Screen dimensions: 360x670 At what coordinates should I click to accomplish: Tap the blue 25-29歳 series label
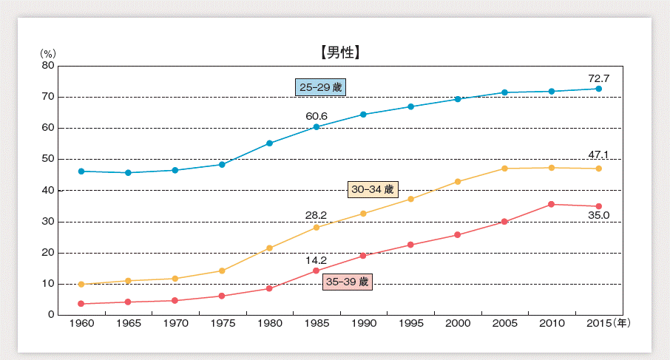point(321,87)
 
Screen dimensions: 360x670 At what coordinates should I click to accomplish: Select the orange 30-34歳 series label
point(373,190)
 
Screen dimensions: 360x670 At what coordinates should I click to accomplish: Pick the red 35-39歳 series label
point(347,282)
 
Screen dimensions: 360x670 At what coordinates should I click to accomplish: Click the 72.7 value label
point(598,78)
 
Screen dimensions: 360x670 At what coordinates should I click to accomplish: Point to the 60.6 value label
point(317,116)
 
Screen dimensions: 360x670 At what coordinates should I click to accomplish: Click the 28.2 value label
point(317,216)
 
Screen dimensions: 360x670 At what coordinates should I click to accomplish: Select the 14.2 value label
point(317,260)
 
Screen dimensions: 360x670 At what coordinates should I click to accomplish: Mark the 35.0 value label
point(598,216)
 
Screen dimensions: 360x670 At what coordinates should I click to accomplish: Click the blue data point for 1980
point(269,143)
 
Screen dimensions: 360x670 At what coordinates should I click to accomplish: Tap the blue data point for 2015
point(598,89)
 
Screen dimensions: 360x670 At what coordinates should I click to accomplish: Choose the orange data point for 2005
point(504,169)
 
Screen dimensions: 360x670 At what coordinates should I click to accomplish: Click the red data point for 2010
point(552,204)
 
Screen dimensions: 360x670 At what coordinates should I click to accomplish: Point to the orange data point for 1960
point(81,284)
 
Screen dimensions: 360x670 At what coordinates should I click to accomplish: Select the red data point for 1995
point(410,245)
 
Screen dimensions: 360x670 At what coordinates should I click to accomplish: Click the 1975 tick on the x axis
point(222,324)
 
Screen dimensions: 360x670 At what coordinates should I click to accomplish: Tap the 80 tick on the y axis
point(48,66)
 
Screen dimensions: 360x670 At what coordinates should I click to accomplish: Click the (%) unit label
point(48,54)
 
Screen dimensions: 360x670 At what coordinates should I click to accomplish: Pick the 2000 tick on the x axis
point(458,324)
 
